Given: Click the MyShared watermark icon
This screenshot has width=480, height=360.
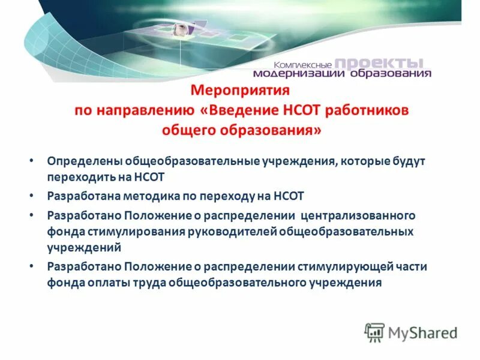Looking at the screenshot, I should (374, 331).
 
